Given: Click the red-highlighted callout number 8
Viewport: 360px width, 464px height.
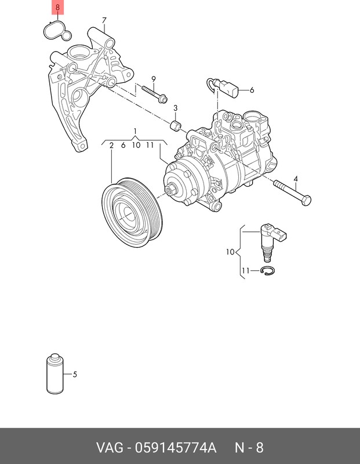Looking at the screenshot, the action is tap(58, 7).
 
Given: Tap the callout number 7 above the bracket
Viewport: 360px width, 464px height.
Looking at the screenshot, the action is tap(104, 20).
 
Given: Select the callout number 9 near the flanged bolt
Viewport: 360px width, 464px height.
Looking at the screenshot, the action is tap(154, 79).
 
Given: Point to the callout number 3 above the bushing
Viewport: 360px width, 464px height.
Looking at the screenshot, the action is tap(176, 108).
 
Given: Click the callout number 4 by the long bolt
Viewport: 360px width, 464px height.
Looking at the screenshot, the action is tap(296, 179).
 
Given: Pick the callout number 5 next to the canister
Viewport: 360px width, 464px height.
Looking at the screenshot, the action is tap(75, 374).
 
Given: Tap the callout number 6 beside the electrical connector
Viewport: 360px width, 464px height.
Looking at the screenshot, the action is tap(252, 90).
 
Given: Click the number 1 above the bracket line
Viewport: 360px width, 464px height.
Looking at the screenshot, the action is tap(135, 131).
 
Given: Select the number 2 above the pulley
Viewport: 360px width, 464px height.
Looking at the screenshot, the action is tap(111, 145).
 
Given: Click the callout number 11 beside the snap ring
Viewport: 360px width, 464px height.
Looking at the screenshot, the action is tap(246, 270).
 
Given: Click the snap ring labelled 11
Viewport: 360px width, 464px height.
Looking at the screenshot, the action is tap(268, 270).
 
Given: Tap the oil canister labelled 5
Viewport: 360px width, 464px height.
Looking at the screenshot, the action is tap(55, 374).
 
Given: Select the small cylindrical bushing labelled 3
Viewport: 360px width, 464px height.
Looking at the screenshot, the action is tap(176, 125).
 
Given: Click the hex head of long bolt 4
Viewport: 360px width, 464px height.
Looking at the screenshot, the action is tap(306, 200).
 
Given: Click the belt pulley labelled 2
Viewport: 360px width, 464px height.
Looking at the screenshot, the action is tap(132, 213).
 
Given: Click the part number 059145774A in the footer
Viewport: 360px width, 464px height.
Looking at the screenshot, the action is tap(176, 447).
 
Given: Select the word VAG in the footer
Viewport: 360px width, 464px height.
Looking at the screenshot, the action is tap(110, 447).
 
